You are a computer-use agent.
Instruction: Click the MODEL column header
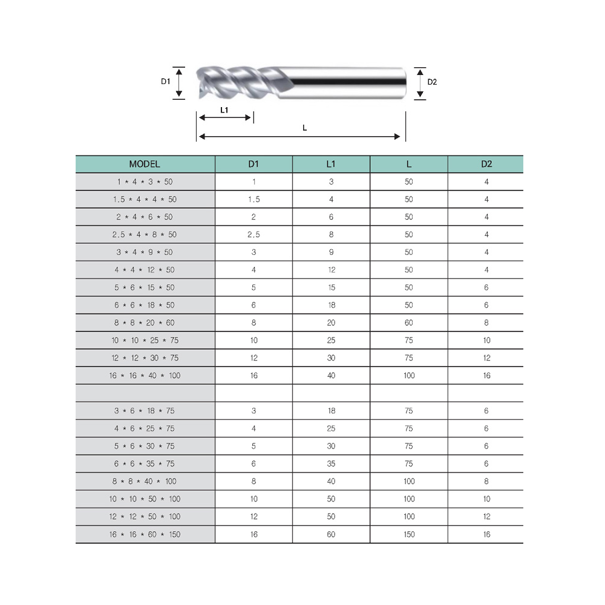click(x=145, y=164)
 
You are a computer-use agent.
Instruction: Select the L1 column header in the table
click(x=331, y=164)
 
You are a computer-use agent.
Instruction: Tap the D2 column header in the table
click(x=486, y=164)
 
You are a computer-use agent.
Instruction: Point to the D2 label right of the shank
click(x=432, y=82)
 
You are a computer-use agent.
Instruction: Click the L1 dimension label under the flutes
click(x=224, y=110)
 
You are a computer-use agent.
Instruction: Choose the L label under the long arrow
click(x=304, y=128)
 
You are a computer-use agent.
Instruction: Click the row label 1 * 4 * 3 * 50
click(x=145, y=181)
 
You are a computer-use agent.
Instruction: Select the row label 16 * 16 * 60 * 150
click(x=145, y=534)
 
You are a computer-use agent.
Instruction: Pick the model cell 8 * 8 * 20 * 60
click(x=145, y=322)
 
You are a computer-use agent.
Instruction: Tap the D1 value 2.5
click(x=253, y=234)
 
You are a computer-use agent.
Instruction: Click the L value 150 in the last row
click(x=409, y=534)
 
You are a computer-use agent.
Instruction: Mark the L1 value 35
click(x=331, y=463)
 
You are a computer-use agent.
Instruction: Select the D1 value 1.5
click(x=253, y=199)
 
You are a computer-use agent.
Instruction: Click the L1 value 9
click(x=331, y=252)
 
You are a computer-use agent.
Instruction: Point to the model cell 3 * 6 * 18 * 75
click(x=145, y=411)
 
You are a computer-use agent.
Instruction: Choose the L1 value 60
click(x=331, y=534)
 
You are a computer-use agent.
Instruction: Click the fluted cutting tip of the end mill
click(x=236, y=82)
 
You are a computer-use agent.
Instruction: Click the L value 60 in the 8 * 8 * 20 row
click(x=409, y=322)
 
